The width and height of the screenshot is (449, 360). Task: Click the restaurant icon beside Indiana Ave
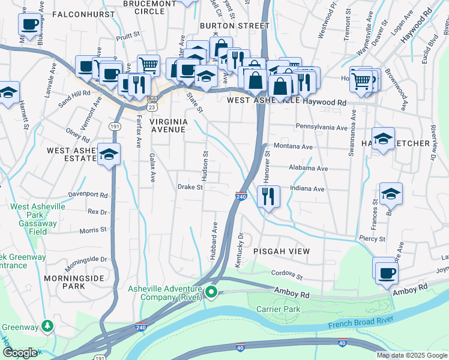click(x=268, y=196)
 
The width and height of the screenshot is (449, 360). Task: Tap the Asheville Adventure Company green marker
click(x=211, y=293)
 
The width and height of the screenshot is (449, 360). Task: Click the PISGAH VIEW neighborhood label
click(x=281, y=251)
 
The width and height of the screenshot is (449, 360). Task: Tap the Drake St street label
click(x=191, y=187)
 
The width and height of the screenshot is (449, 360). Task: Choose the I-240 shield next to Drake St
click(x=241, y=196)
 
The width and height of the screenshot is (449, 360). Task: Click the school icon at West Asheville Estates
click(x=109, y=154)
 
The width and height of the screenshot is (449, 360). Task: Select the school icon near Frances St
click(x=391, y=194)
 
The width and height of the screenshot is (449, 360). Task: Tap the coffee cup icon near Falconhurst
click(x=29, y=25)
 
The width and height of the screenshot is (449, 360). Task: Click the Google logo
click(x=20, y=353)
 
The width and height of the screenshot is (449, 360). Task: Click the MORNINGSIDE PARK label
click(x=73, y=282)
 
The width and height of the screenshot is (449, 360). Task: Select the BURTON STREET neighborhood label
click(x=235, y=26)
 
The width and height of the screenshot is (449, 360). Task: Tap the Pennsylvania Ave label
click(x=321, y=128)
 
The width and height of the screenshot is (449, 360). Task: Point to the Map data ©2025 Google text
click(x=412, y=355)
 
